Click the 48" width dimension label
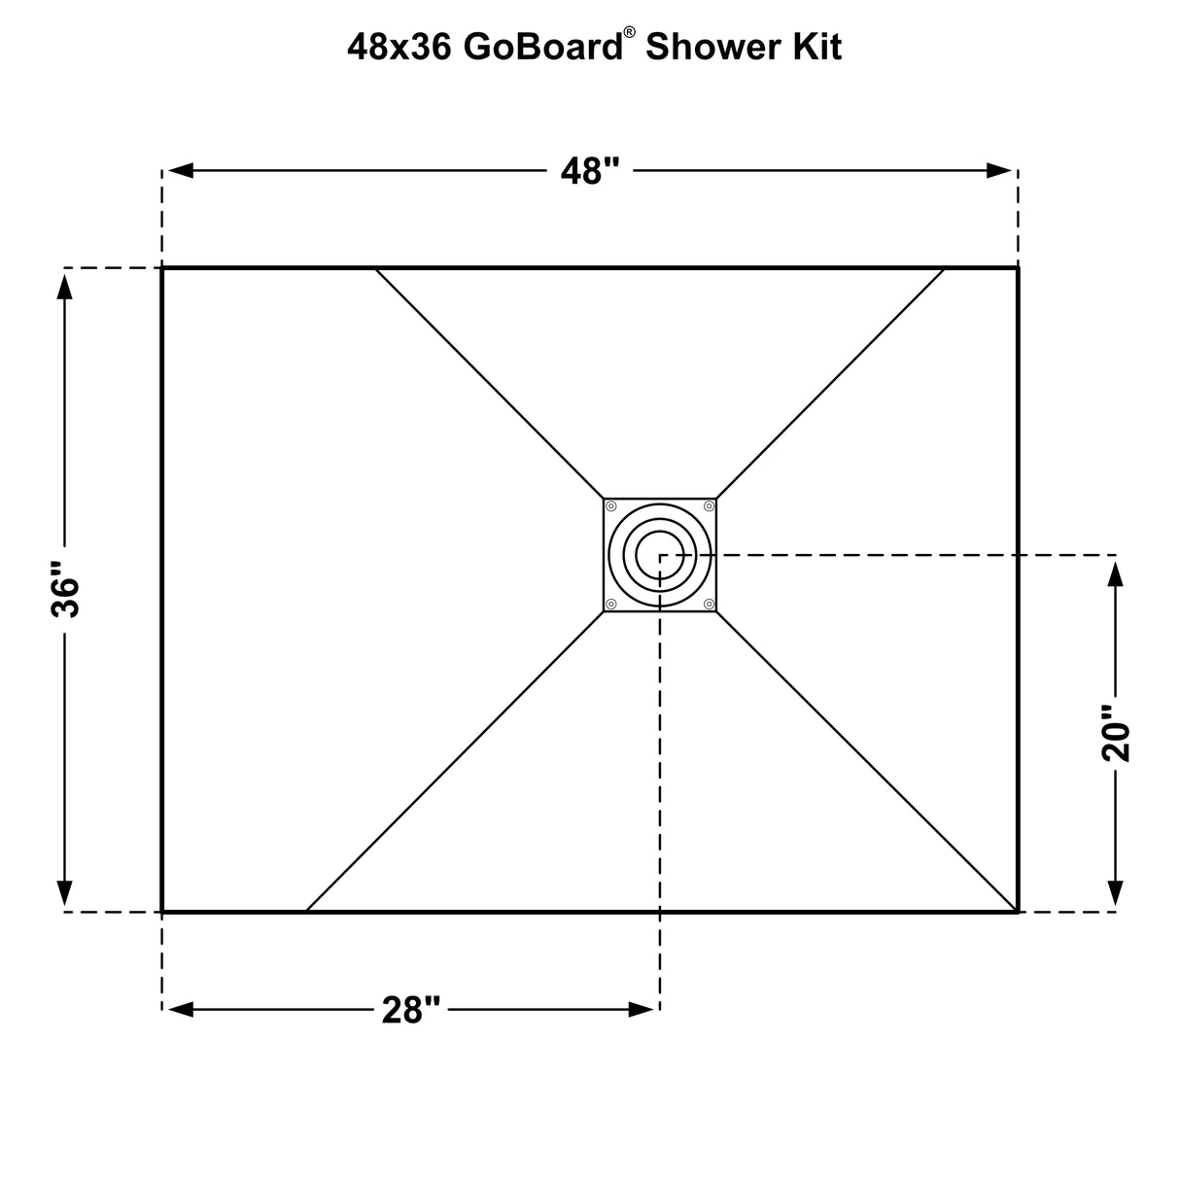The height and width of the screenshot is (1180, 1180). click(590, 171)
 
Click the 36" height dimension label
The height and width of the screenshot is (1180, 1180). click(65, 590)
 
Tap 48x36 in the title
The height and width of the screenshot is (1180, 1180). click(399, 47)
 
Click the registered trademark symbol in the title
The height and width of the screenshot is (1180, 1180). click(630, 32)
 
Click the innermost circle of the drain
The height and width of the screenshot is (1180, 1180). click(660, 554)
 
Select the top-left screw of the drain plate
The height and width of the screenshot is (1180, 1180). click(611, 506)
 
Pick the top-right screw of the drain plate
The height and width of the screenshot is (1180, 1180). click(709, 506)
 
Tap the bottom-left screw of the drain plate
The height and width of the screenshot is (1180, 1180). click(611, 604)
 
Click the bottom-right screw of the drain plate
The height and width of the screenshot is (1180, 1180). click(709, 604)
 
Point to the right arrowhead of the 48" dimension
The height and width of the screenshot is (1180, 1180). click(1000, 171)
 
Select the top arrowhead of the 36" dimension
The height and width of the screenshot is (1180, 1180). click(65, 286)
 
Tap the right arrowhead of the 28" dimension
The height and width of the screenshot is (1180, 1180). click(642, 1010)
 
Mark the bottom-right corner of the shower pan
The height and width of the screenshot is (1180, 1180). click(1018, 912)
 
